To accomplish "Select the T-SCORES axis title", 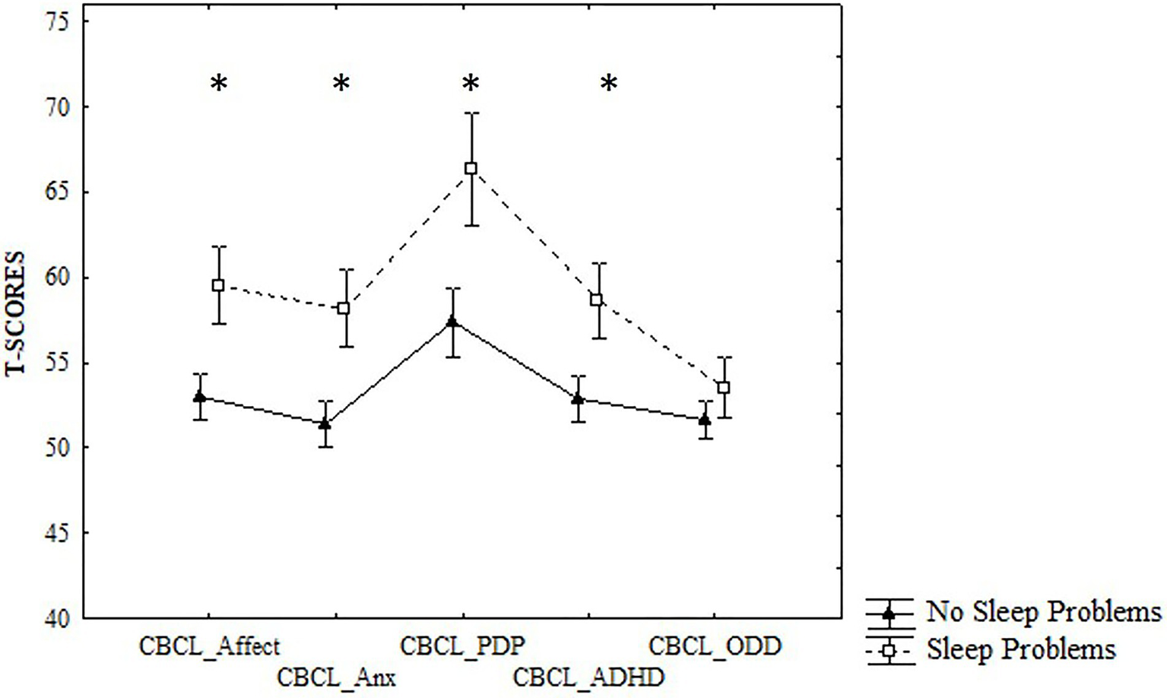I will pos(15,313).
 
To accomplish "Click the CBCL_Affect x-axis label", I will pos(209,646).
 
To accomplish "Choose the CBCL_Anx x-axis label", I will pos(336,677).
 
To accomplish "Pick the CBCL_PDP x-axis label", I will pos(462,646).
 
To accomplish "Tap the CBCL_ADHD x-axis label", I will pos(588,677).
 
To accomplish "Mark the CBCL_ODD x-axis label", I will pos(715,646).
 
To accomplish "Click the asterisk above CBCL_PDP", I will pos(471,83).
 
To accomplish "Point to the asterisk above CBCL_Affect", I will pos(218,83).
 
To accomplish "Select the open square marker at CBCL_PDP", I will pos(471,168).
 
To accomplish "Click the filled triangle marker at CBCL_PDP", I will pos(452,322).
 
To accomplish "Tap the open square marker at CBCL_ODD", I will pos(724,388).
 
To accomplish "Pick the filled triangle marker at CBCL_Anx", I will pos(325,424).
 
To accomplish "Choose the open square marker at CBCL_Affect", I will pos(218,285).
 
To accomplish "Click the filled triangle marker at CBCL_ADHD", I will pos(578,398).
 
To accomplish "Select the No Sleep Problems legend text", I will pos(1044,611).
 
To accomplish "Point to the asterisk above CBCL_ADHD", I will pos(609,83).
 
